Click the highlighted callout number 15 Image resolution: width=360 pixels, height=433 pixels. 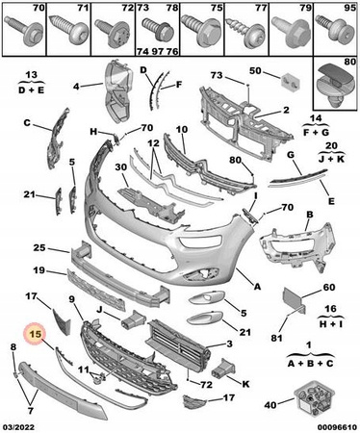(x=36, y=334)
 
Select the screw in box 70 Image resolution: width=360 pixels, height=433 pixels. (x=24, y=29)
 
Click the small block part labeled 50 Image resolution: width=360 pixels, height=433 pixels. (x=291, y=82)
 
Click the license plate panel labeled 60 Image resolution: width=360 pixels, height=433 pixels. (x=292, y=297)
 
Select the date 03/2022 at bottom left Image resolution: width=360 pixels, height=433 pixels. (x=18, y=427)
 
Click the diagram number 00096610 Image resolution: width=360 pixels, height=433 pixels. (x=337, y=427)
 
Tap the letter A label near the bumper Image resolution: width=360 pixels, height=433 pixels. (x=257, y=287)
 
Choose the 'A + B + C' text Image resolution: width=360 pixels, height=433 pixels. (x=310, y=364)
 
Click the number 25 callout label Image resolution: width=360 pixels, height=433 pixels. (x=39, y=248)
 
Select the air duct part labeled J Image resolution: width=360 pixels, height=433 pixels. (x=134, y=319)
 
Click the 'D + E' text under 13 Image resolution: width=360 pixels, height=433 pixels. (x=31, y=90)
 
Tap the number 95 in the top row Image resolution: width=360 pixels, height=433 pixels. (x=349, y=8)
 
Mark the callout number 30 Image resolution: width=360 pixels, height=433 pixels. (x=121, y=167)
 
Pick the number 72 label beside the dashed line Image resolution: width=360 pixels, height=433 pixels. (x=206, y=384)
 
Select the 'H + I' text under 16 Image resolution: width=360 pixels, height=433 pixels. (x=331, y=324)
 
